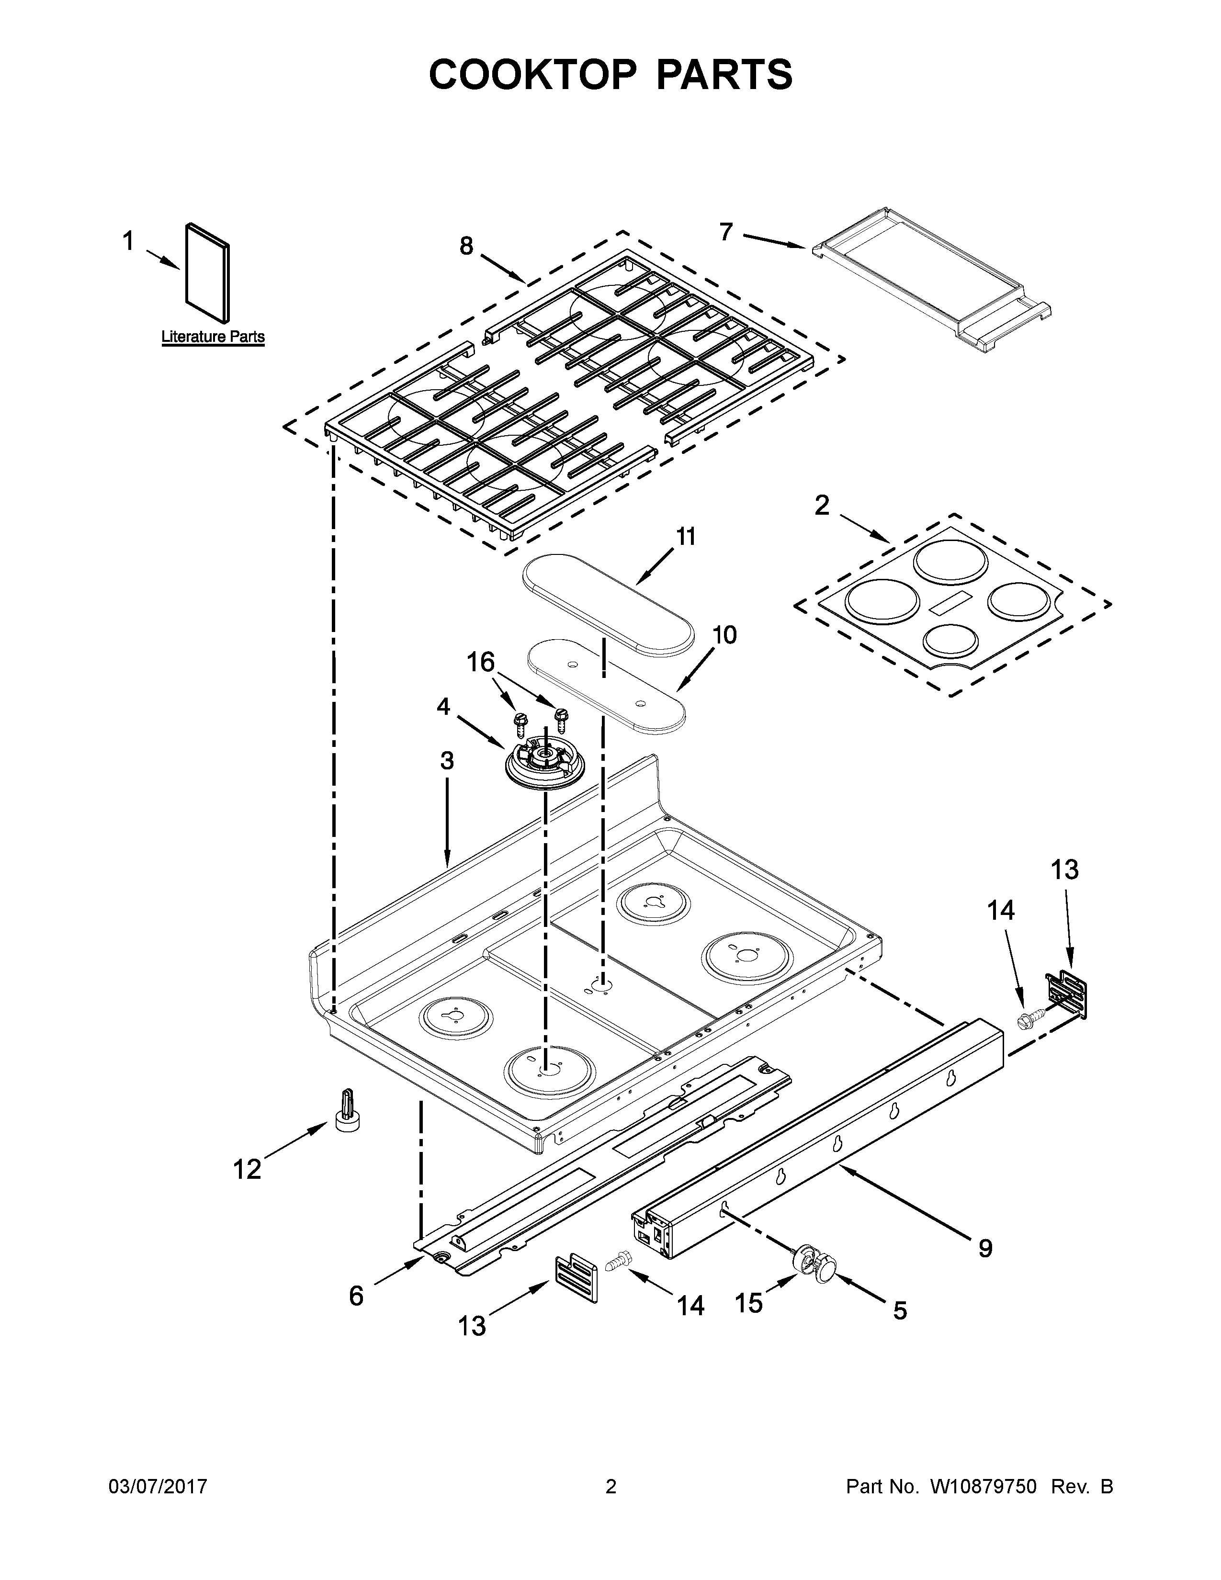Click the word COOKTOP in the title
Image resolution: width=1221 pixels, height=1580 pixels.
click(x=532, y=75)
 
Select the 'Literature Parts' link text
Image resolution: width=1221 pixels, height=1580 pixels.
click(x=213, y=337)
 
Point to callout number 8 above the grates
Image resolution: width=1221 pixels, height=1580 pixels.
click(x=466, y=247)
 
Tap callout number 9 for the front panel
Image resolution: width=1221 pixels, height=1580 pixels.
click(x=985, y=1247)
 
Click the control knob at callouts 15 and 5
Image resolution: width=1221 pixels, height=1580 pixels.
click(x=815, y=1266)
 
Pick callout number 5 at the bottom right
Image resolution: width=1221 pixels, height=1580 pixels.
click(x=899, y=1310)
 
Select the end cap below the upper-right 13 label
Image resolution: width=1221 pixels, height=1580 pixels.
click(x=1067, y=995)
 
